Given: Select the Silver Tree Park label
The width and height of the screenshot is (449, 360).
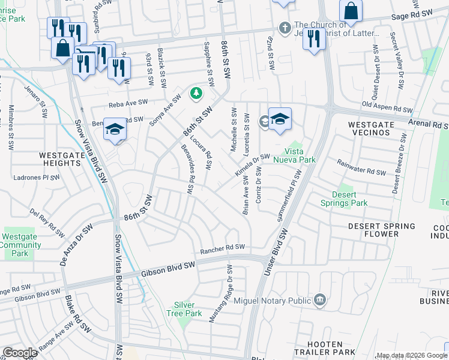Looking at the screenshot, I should [188, 309].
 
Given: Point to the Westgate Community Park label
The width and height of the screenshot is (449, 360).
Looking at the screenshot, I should [19, 245].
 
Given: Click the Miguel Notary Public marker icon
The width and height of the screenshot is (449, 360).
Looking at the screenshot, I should [320, 299].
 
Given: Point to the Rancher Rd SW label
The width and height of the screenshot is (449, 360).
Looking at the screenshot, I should [223, 247].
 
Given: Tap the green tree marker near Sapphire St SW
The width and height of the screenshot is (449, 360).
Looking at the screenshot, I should [196, 93].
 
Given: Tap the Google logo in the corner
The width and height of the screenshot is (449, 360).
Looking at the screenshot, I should [20, 353].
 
